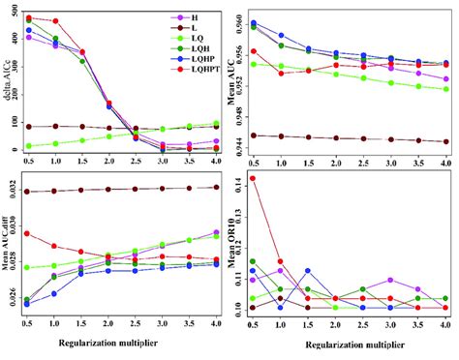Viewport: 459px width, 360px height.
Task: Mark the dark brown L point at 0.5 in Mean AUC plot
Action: click(x=254, y=135)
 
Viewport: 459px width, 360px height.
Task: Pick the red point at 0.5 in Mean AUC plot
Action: click(x=254, y=51)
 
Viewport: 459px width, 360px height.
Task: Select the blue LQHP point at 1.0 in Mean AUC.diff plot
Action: click(x=54, y=293)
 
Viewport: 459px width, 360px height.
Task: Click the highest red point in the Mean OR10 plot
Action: click(x=254, y=178)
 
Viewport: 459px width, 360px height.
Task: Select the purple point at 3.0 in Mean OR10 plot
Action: click(x=389, y=280)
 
